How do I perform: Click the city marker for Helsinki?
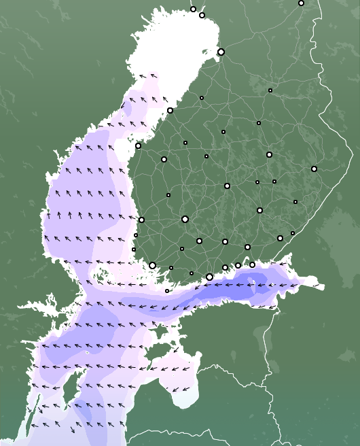209,277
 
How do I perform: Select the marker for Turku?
153,265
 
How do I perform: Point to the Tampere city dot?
185,219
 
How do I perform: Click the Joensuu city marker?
314,169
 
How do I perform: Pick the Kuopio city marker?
269,154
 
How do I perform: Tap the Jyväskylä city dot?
227,186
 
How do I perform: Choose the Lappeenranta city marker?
280,238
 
